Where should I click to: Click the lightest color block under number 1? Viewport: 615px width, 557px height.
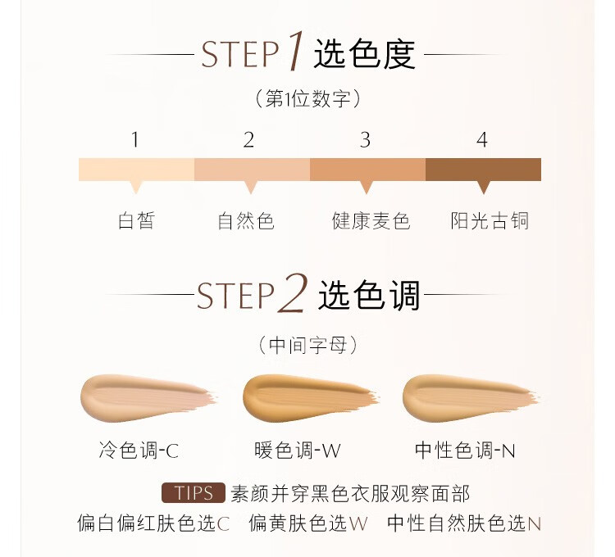[x=136, y=170]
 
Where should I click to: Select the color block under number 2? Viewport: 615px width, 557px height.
[x=253, y=170]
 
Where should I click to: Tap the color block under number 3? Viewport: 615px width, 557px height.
[x=368, y=170]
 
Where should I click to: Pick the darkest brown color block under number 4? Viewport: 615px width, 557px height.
[x=483, y=170]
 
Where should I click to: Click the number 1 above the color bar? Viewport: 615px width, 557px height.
[x=135, y=139]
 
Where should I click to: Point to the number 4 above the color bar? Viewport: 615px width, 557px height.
[x=482, y=139]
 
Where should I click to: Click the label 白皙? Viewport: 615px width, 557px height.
[x=136, y=220]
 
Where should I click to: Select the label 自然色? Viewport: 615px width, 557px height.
[x=246, y=220]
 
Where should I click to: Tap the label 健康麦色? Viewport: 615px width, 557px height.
[x=371, y=220]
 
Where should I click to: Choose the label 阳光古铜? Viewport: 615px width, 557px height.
[x=490, y=220]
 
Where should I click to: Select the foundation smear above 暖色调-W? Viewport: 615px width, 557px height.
[x=311, y=397]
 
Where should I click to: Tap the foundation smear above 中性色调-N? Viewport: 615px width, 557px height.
[x=471, y=397]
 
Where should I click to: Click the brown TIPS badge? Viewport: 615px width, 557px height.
[x=194, y=493]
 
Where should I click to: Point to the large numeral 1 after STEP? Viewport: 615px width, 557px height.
[x=296, y=51]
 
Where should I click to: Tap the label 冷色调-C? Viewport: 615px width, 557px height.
[x=139, y=450]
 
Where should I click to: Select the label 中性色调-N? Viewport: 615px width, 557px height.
[x=465, y=450]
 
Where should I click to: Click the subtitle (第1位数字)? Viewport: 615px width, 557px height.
[x=307, y=98]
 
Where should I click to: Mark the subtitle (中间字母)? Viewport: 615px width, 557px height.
[x=307, y=345]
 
